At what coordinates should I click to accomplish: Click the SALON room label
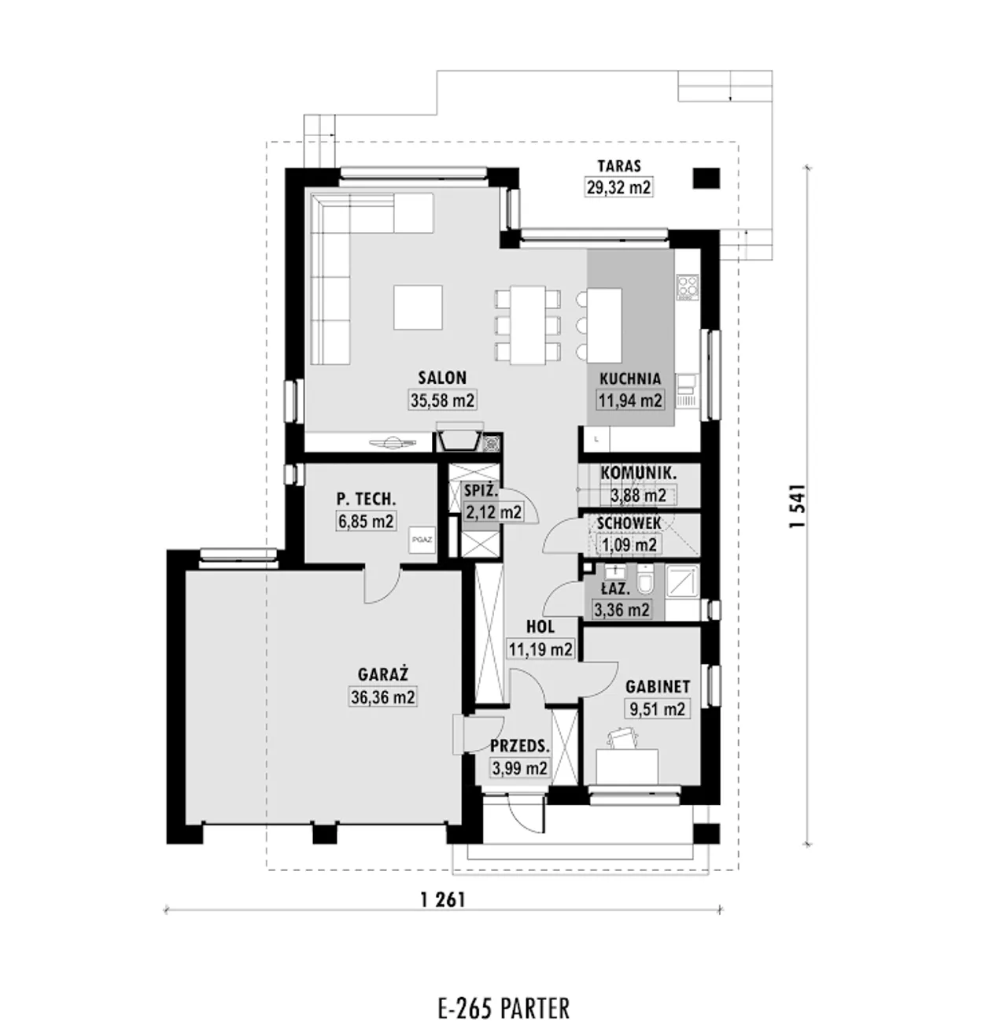pos(442,378)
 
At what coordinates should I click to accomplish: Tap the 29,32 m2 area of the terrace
pos(618,187)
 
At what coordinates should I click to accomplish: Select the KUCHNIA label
pos(630,379)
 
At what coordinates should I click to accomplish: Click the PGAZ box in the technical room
pos(422,541)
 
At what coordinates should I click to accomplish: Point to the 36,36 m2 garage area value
pos(383,697)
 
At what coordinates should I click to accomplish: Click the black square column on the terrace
pos(707,178)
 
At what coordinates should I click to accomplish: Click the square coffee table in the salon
pos(418,307)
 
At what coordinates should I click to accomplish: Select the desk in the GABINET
pos(627,766)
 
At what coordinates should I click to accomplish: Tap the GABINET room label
pos(658,687)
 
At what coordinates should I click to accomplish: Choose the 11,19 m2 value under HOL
pos(540,649)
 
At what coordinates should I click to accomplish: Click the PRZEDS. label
pos(520,746)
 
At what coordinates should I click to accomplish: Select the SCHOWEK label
pos(629,523)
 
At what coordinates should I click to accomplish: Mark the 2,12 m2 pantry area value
pos(493,511)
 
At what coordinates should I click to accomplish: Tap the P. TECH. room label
pos(366,499)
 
